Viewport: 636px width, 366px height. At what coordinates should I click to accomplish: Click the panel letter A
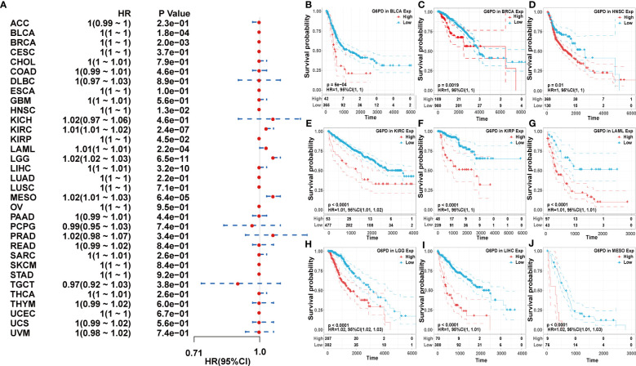coord(6,7)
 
